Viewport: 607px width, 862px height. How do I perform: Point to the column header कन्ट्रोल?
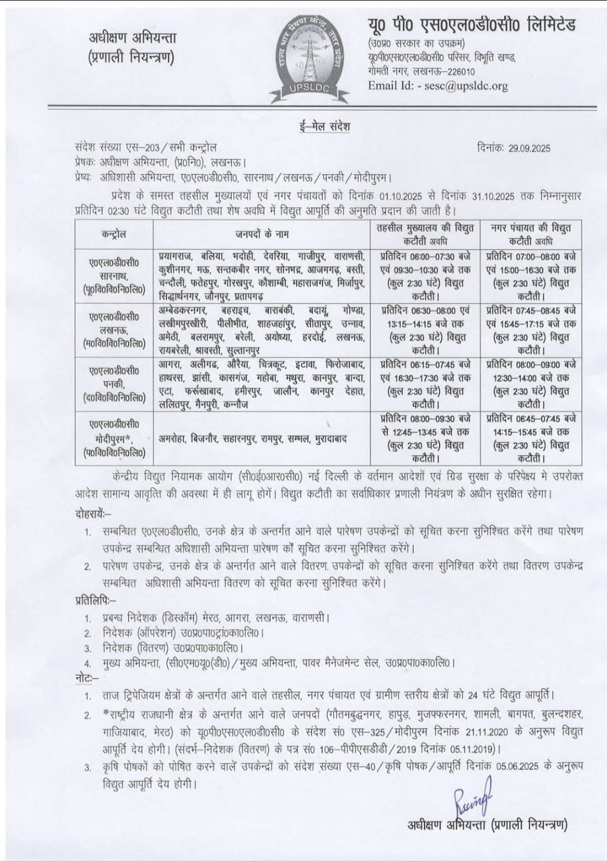point(114,234)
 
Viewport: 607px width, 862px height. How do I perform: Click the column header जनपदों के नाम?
point(261,234)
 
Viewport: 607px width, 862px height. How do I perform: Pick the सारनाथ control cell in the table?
point(114,275)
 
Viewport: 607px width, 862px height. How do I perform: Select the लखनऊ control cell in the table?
point(114,330)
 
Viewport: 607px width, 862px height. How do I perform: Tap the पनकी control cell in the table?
point(114,384)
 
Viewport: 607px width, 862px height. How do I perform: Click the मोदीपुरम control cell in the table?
point(114,438)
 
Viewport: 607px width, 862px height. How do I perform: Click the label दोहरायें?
point(93,514)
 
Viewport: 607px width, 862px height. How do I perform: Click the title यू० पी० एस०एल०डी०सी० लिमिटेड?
point(472,26)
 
